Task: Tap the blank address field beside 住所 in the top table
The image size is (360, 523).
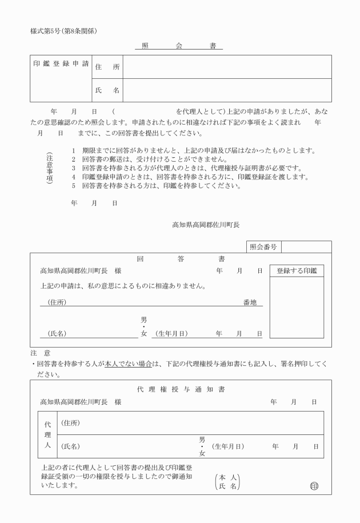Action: point(227,67)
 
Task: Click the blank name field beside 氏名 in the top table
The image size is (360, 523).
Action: point(227,90)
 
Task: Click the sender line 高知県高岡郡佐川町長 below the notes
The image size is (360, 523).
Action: point(206,225)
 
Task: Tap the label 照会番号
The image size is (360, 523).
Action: point(263,247)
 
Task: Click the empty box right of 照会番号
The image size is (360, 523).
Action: point(306,247)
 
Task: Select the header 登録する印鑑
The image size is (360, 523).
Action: point(297,270)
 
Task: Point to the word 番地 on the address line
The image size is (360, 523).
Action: point(250,301)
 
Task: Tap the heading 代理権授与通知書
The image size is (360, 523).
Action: point(181,389)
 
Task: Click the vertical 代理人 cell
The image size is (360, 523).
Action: point(47,434)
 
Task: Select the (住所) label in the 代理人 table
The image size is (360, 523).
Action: point(70,423)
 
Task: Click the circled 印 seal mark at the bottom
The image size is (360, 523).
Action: point(313,486)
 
